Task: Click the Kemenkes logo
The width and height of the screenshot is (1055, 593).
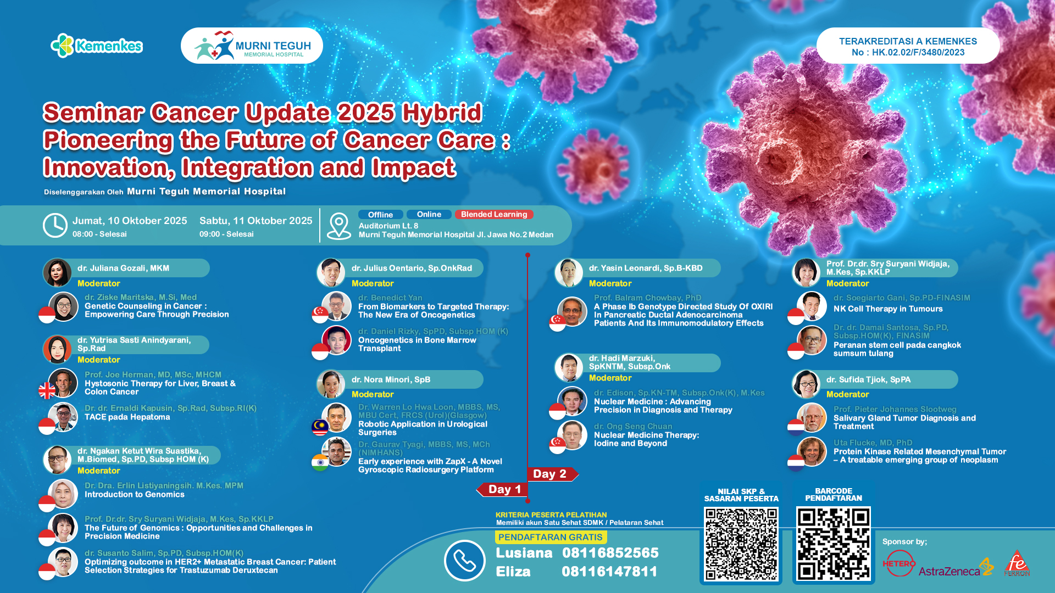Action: [x=97, y=46]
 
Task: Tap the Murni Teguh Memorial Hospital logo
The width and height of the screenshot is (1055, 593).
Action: [x=252, y=46]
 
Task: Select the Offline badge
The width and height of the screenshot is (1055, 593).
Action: [x=380, y=215]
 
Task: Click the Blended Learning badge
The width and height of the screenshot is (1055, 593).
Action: [x=493, y=215]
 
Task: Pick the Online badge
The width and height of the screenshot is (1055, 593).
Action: [x=429, y=215]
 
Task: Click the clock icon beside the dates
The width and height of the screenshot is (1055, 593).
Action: [x=55, y=226]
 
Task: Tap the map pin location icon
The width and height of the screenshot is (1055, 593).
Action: [x=338, y=226]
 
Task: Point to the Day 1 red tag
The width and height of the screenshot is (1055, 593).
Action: [x=502, y=489]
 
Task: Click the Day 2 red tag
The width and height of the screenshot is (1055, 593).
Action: [x=552, y=474]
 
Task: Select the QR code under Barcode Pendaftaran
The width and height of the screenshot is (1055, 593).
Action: [x=833, y=544]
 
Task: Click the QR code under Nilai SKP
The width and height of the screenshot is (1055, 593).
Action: [x=741, y=544]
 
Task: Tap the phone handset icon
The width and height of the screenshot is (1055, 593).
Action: [x=464, y=561]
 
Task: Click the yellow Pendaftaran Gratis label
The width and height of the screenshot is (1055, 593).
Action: [x=551, y=537]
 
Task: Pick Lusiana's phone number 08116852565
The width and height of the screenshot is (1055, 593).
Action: [x=610, y=553]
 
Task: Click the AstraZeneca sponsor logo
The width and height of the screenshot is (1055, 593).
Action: [x=956, y=569]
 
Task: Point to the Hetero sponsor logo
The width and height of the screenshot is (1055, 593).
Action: [x=899, y=563]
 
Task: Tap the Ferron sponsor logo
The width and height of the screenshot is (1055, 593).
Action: [x=1017, y=563]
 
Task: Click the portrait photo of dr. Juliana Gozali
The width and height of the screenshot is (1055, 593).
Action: [x=57, y=273]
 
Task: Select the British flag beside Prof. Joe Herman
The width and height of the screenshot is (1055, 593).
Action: [x=47, y=391]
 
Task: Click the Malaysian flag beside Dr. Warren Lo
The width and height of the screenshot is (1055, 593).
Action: [x=320, y=427]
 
